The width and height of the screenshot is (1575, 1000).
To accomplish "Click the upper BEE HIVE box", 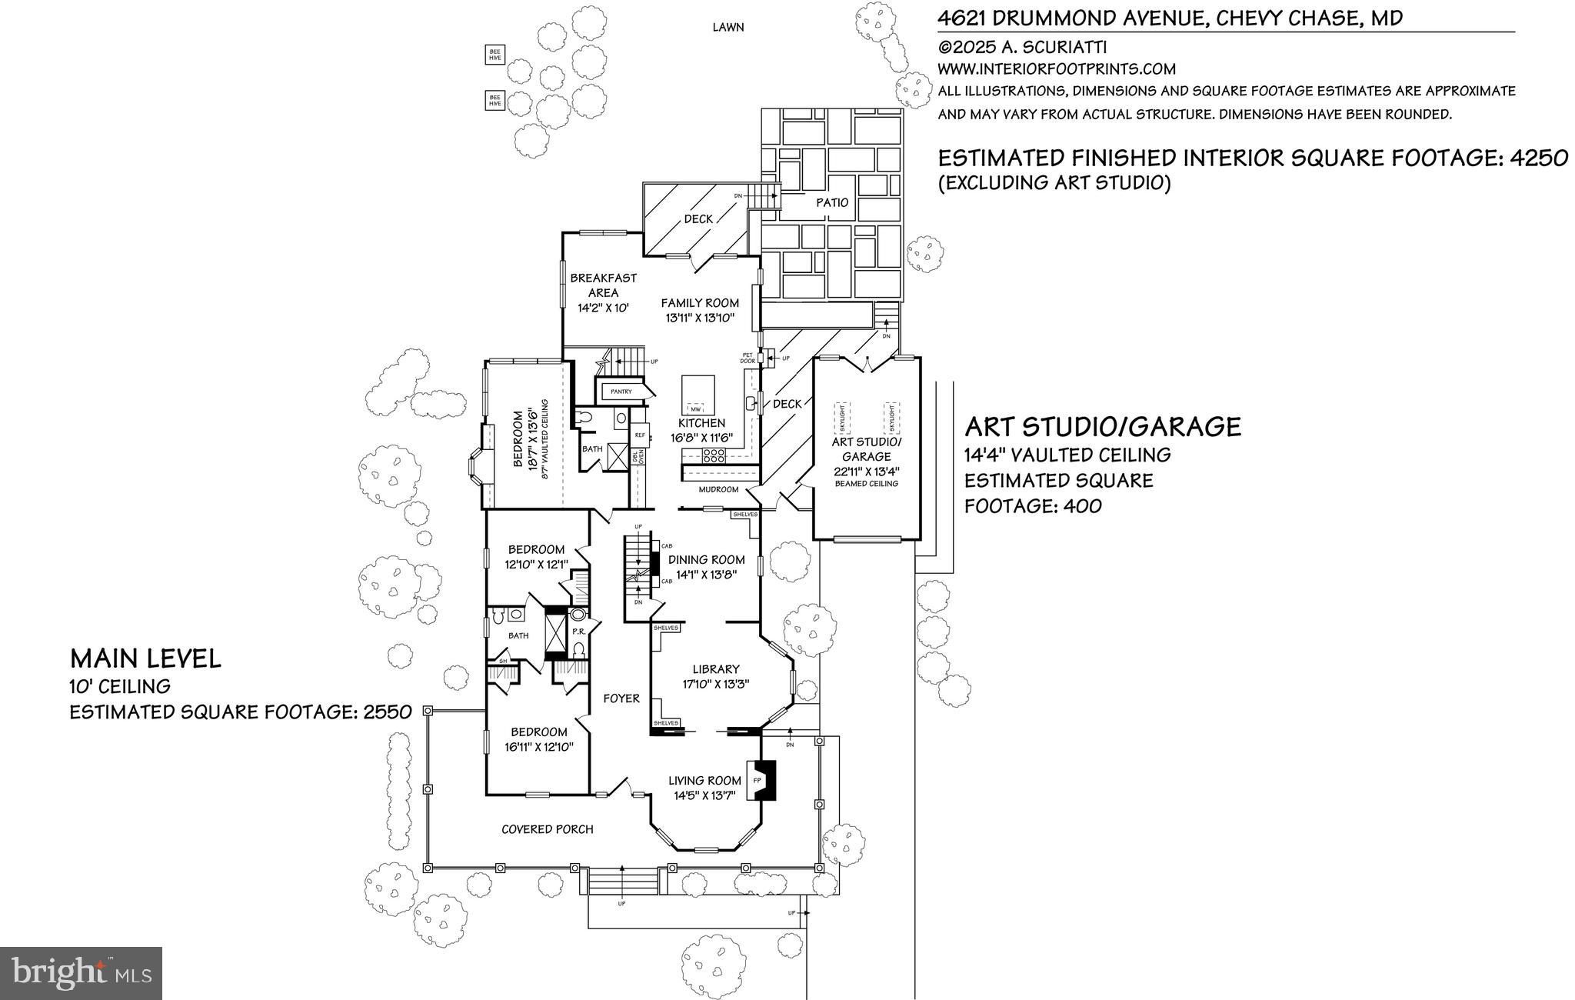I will [x=494, y=54].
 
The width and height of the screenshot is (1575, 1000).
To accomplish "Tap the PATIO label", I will [x=832, y=202].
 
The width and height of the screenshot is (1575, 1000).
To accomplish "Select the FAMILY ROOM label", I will [x=699, y=303].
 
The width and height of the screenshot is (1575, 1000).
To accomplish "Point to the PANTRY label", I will [x=621, y=392].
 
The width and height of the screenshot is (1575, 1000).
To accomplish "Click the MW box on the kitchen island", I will [x=697, y=408].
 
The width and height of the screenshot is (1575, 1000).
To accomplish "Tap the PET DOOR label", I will [x=747, y=358].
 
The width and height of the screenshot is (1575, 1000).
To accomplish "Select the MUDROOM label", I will [x=718, y=489].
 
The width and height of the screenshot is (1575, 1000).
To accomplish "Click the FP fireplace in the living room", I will [x=758, y=781].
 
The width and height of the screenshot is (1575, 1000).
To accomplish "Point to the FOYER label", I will [x=621, y=698].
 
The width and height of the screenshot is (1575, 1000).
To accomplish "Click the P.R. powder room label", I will [x=579, y=632].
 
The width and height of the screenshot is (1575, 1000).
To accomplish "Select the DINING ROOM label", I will [x=706, y=559].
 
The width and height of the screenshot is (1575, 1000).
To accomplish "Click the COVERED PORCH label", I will [x=547, y=829].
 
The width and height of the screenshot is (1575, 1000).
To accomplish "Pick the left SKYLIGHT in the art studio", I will [x=844, y=420].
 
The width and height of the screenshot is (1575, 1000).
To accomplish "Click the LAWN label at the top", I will [x=728, y=28].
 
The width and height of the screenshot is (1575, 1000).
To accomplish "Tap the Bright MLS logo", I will [x=81, y=973].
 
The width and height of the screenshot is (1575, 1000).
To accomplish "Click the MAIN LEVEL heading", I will [x=145, y=658].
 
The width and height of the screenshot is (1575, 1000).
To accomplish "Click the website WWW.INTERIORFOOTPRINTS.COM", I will [x=1056, y=69].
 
